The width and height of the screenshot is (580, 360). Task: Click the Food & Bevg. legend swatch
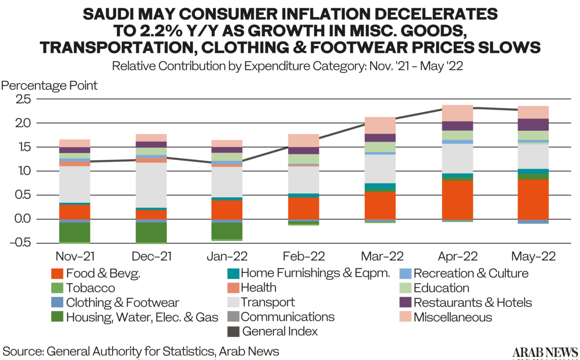pos(57,274)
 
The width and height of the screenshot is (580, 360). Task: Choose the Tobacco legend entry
pos(91,288)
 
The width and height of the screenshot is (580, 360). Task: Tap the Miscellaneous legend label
pos(453,317)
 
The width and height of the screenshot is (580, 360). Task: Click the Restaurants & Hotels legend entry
pos(473,303)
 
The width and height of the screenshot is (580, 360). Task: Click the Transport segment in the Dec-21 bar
pos(151,185)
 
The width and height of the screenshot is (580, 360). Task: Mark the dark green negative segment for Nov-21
pos(74,232)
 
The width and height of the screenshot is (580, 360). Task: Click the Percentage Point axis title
pos(49,86)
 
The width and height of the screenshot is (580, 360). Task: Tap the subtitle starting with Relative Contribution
pos(288,66)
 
